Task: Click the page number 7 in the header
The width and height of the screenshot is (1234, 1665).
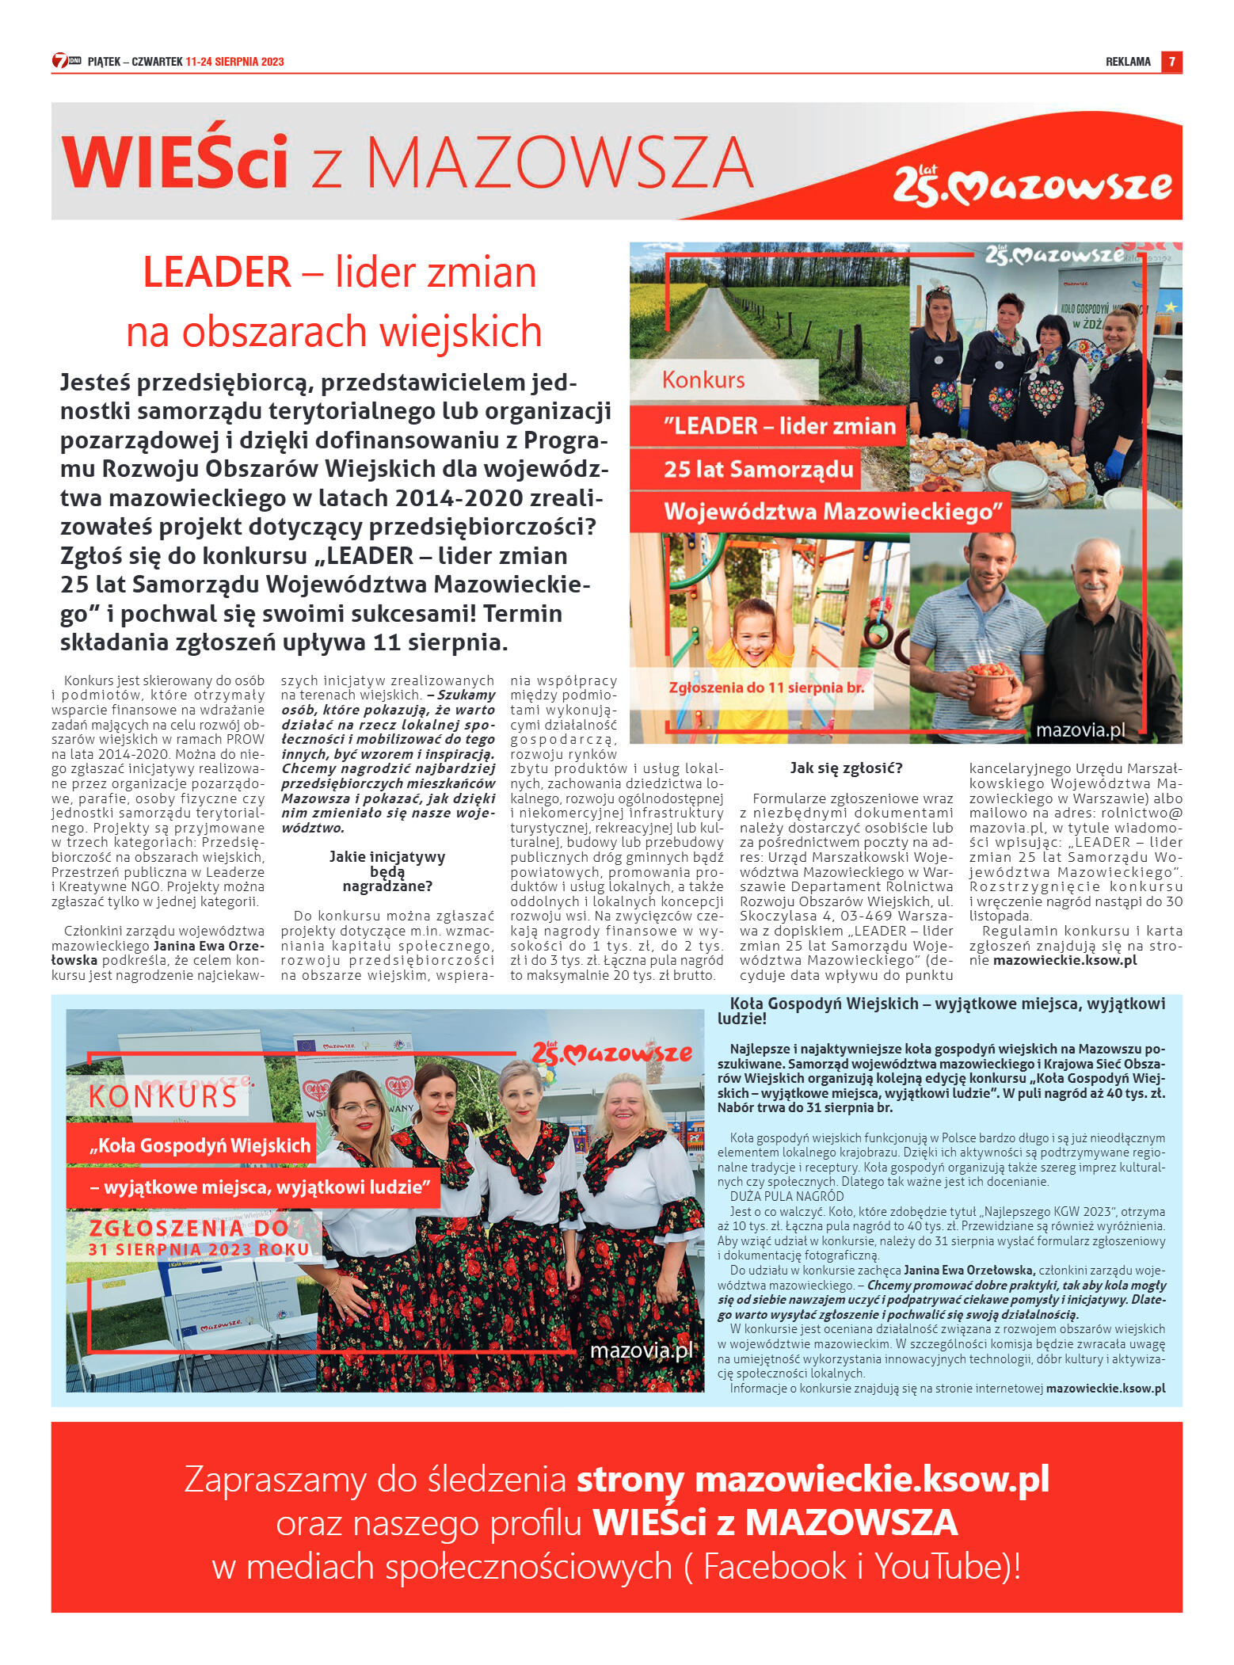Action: click(x=1171, y=62)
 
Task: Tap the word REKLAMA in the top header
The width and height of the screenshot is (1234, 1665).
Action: click(x=1127, y=62)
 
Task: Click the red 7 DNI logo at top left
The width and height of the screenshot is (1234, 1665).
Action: click(x=67, y=61)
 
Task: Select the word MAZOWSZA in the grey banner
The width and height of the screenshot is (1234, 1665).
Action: click(x=559, y=163)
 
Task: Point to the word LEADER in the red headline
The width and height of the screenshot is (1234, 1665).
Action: click(x=217, y=272)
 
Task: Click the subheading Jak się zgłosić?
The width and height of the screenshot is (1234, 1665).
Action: click(x=846, y=768)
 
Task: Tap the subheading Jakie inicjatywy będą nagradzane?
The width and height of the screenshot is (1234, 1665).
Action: click(x=387, y=871)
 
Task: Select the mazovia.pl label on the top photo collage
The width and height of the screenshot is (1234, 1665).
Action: click(x=1080, y=730)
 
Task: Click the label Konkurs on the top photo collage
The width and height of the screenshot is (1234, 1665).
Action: click(x=703, y=380)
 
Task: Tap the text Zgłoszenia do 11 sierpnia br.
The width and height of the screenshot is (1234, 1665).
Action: click(x=766, y=688)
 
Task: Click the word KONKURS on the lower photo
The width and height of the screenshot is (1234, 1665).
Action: click(x=163, y=1096)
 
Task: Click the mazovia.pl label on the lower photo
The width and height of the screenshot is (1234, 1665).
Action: click(x=641, y=1350)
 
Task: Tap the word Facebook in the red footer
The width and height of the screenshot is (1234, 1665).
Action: click(x=775, y=1566)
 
